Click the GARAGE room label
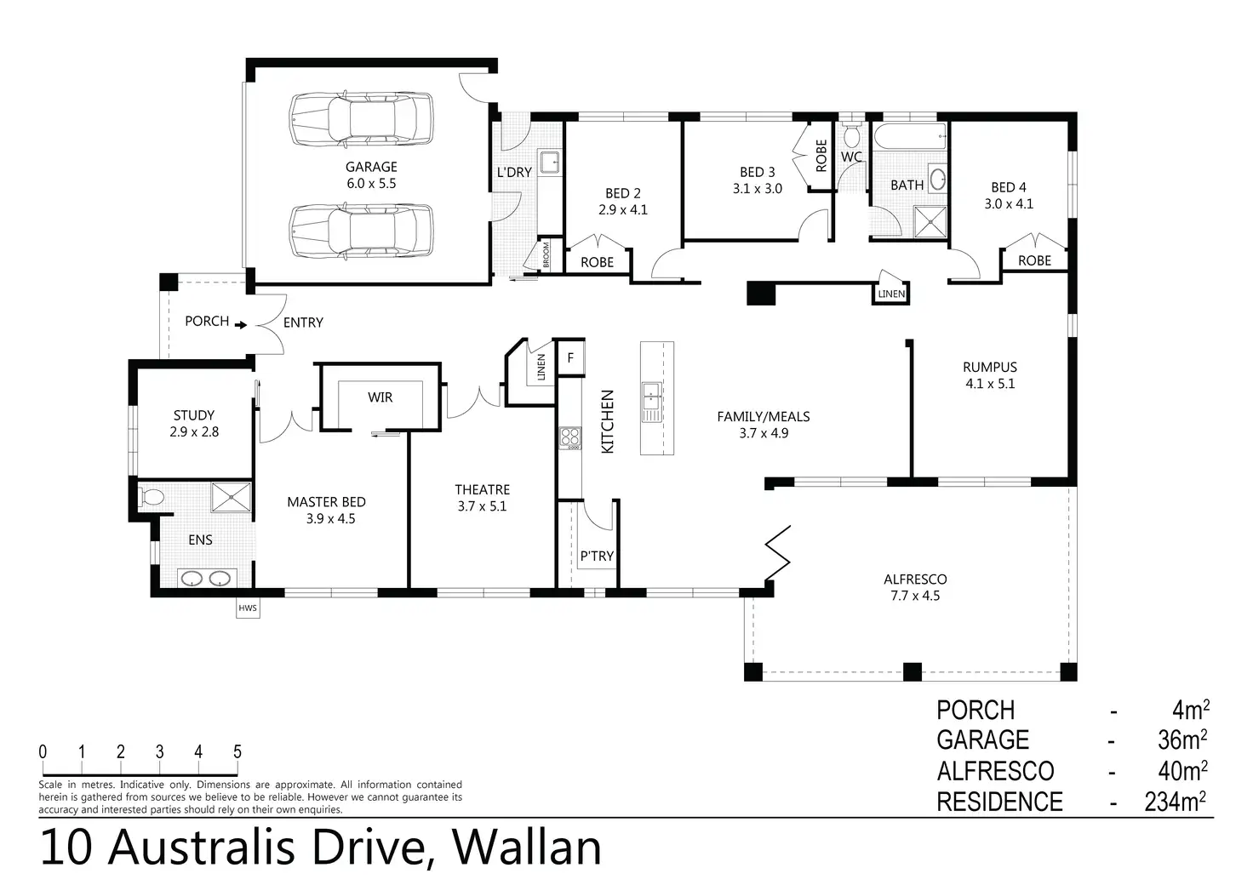(x=371, y=167)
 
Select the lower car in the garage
(x=361, y=231)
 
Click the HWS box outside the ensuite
(x=248, y=608)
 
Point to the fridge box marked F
(x=570, y=358)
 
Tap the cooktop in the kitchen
(x=569, y=437)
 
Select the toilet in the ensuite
(x=151, y=496)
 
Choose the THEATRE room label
(x=482, y=489)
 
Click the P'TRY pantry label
(x=597, y=556)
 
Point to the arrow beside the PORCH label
(x=242, y=324)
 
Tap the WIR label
(x=380, y=397)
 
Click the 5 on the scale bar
(x=237, y=751)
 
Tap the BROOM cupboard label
(x=546, y=255)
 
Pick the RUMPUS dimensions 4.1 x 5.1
(x=989, y=384)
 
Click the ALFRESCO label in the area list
(x=995, y=771)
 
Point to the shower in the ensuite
(x=231, y=498)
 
